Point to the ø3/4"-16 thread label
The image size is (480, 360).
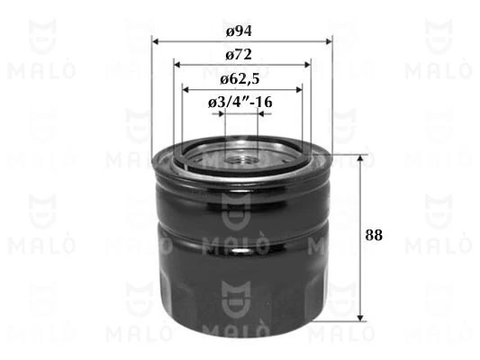tap(240, 103)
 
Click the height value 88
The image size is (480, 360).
tap(375, 236)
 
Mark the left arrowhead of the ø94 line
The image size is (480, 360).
tap(156, 40)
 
